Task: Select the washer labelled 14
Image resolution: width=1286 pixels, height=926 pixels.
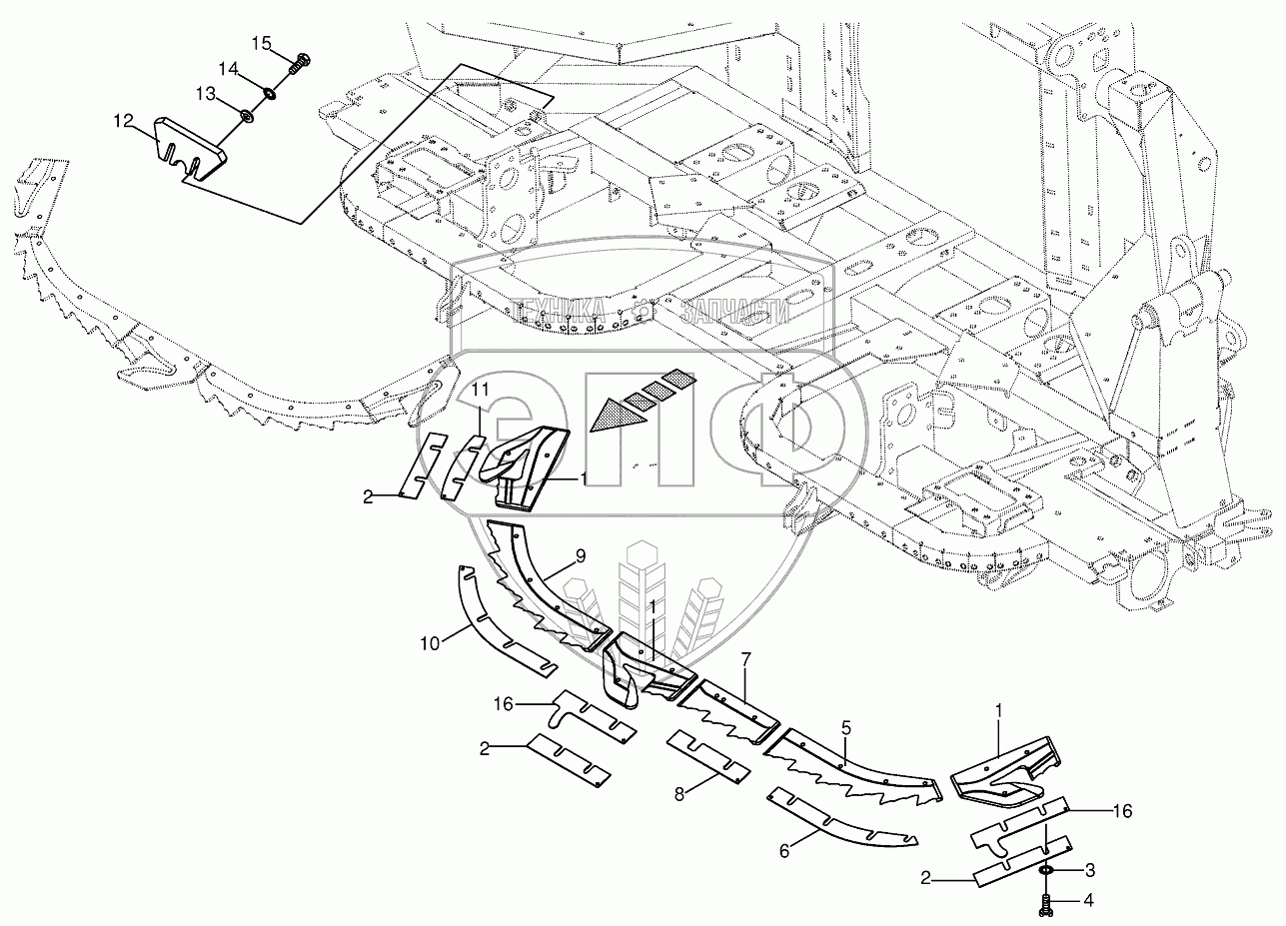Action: pyautogui.click(x=269, y=95)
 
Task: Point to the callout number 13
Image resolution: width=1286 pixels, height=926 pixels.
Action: pyautogui.click(x=205, y=94)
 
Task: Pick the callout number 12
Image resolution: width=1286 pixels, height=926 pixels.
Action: pyautogui.click(x=122, y=121)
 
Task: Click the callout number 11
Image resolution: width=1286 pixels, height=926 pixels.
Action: pyautogui.click(x=481, y=388)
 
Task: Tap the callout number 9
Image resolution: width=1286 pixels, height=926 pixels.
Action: pyautogui.click(x=581, y=555)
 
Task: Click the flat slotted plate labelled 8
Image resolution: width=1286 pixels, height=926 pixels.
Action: pyautogui.click(x=708, y=756)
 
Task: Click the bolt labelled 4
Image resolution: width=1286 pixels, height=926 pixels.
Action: pyautogui.click(x=1045, y=904)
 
